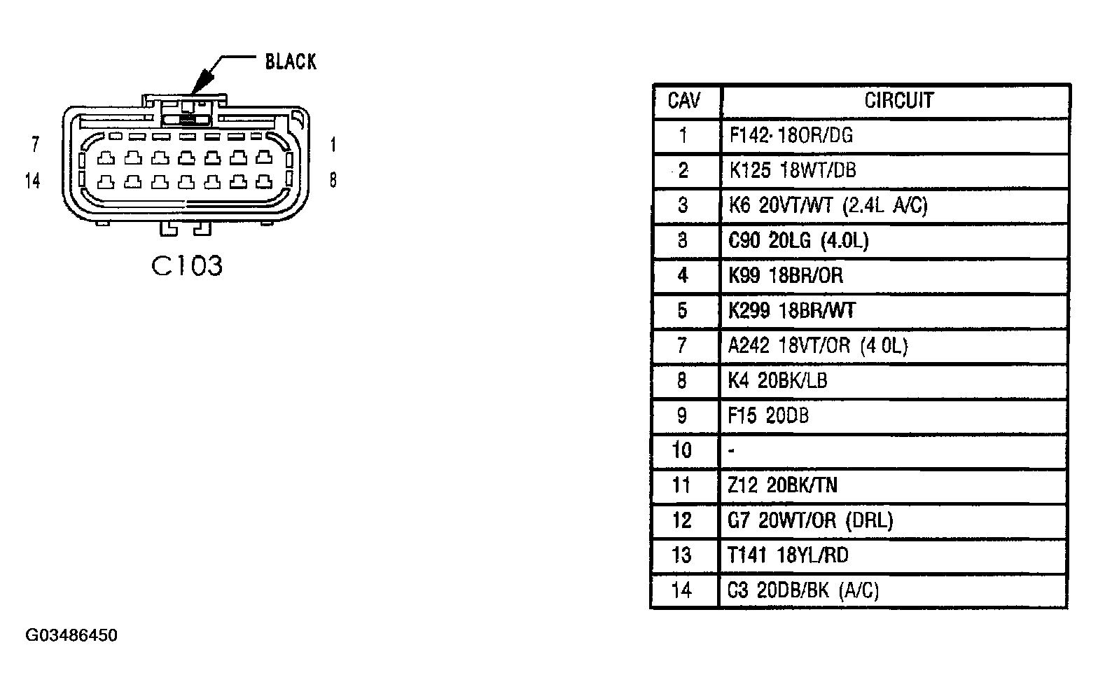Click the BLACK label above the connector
291,62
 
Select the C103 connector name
187,265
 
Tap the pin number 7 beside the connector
35,144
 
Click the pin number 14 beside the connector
32,181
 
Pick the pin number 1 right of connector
333,144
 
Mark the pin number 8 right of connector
333,180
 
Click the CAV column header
683,100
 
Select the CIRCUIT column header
898,100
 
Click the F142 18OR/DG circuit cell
791,135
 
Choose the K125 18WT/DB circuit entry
793,170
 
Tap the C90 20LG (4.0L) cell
798,241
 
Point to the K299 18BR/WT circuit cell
791,310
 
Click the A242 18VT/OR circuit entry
818,345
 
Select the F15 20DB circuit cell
768,415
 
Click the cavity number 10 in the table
682,450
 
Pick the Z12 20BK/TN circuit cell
782,485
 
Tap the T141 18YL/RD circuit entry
788,555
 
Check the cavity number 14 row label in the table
681,590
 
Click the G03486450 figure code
71,635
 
